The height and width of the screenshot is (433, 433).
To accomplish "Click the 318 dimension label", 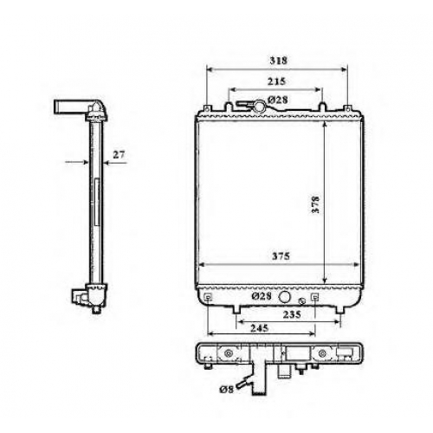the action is pos(279,61).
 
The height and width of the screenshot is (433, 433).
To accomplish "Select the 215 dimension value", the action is pos(276,81).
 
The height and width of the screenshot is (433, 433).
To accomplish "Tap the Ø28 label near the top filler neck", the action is pos(278,100).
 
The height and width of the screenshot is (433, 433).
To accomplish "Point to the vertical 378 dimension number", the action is pos(316,204).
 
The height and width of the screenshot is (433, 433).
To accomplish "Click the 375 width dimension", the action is pos(281,256).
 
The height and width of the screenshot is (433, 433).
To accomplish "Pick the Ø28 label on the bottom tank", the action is pos(262,296).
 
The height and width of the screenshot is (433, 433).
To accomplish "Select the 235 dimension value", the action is pos(292,314).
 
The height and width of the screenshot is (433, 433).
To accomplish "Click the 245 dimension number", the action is pos(259,328).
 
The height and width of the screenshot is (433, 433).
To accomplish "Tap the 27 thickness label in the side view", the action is pos(119,155).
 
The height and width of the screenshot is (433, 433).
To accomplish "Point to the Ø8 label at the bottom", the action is pos(226,390).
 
